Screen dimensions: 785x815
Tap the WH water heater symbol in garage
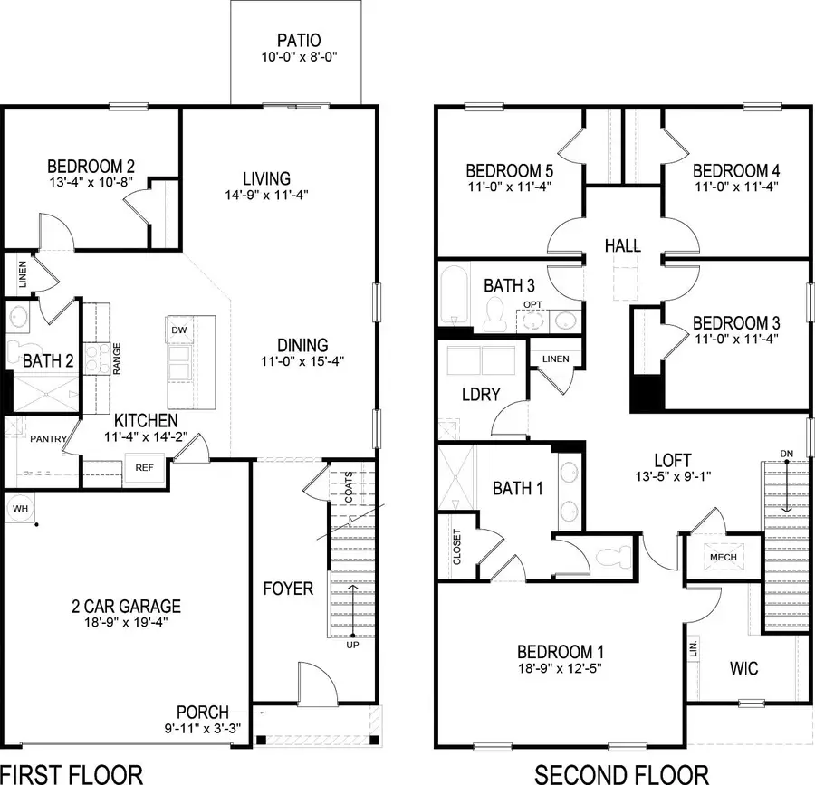click(x=20, y=509)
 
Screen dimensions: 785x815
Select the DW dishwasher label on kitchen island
click(x=179, y=330)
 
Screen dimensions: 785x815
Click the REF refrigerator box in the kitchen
click(x=144, y=468)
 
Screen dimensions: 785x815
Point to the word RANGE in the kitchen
click(x=117, y=359)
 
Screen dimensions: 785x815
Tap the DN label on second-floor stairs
click(x=786, y=453)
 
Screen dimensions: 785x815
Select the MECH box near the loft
click(x=723, y=557)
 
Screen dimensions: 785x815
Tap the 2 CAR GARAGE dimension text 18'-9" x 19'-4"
click(x=127, y=623)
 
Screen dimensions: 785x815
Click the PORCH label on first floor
click(x=202, y=713)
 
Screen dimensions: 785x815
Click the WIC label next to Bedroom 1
click(x=743, y=669)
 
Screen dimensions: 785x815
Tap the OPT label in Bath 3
click(x=532, y=304)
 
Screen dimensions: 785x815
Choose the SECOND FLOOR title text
click(x=621, y=774)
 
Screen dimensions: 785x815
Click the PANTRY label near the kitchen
click(x=48, y=439)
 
